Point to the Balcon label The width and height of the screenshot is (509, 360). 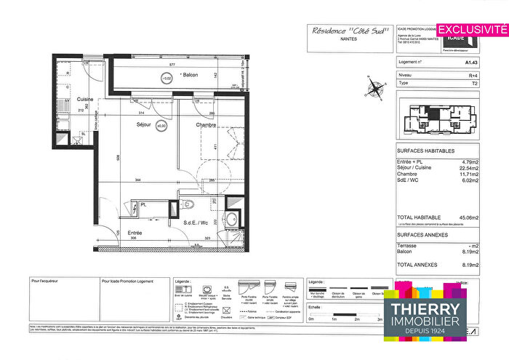tap(190, 75)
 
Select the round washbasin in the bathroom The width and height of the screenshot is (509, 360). tap(233, 220)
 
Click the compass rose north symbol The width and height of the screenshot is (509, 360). tap(375, 90)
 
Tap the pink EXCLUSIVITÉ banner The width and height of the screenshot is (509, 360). tap(470, 29)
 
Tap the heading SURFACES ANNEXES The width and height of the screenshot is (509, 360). tap(423, 236)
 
